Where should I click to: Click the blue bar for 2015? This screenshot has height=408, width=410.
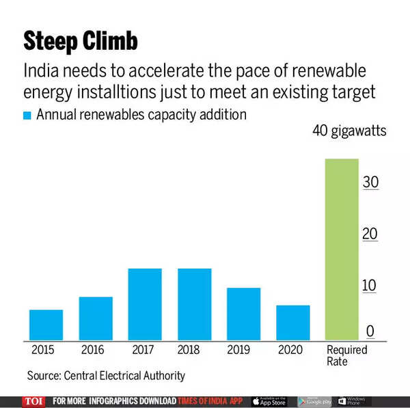[46, 325]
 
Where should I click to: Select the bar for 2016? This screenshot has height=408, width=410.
[96, 318]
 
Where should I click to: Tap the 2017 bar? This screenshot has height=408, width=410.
[145, 304]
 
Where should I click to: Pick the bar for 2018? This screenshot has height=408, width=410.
[195, 304]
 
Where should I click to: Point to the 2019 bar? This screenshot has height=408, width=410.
[244, 314]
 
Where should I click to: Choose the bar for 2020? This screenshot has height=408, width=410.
[293, 322]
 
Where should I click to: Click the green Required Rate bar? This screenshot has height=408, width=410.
[342, 249]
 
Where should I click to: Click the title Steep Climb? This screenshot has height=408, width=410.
[81, 42]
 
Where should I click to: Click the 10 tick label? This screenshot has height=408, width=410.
[370, 285]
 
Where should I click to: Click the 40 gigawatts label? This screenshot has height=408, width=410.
[349, 131]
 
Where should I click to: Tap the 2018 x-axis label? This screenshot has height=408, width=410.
[189, 350]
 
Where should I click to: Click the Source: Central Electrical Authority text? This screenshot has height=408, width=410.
[106, 376]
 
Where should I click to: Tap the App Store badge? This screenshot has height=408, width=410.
[269, 401]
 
